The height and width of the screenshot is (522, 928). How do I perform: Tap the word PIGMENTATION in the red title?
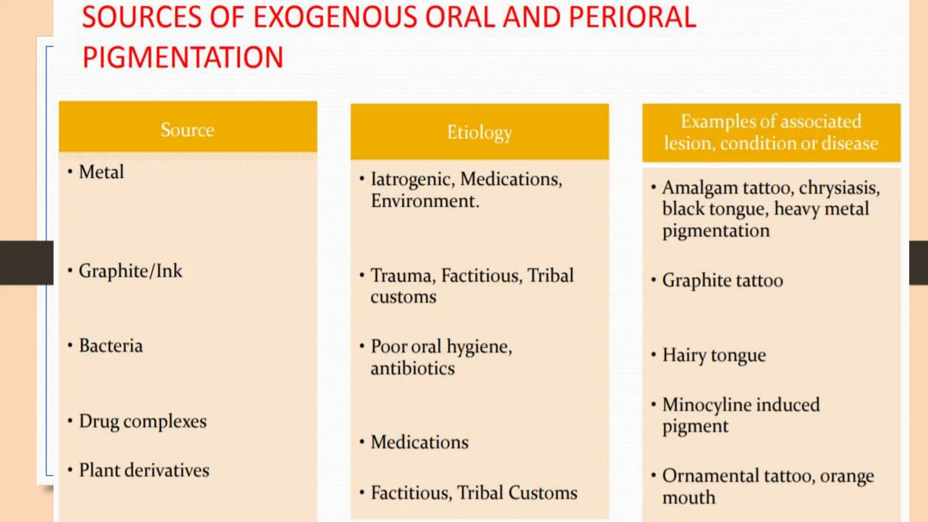pyautogui.click(x=183, y=58)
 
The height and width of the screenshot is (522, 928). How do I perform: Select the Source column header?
pyautogui.click(x=187, y=130)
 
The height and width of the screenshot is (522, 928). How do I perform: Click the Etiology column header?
pyautogui.click(x=479, y=132)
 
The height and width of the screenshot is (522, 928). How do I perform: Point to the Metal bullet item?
pyautogui.click(x=101, y=172)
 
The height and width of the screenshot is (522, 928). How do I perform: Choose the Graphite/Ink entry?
pyautogui.click(x=130, y=271)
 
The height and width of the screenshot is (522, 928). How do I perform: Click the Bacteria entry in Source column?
pyautogui.click(x=111, y=346)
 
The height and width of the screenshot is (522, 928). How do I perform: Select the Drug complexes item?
pyautogui.click(x=143, y=421)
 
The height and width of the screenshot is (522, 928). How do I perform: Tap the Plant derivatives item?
pyautogui.click(x=144, y=470)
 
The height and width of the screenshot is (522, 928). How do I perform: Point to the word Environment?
pyautogui.click(x=424, y=201)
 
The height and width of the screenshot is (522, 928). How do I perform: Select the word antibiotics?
pyautogui.click(x=412, y=368)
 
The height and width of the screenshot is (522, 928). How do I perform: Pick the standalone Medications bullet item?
pyautogui.click(x=420, y=442)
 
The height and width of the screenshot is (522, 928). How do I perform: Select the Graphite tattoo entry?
pyautogui.click(x=722, y=280)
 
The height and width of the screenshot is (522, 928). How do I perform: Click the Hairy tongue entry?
pyautogui.click(x=714, y=355)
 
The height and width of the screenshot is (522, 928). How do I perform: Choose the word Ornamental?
pyautogui.click(x=710, y=476)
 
